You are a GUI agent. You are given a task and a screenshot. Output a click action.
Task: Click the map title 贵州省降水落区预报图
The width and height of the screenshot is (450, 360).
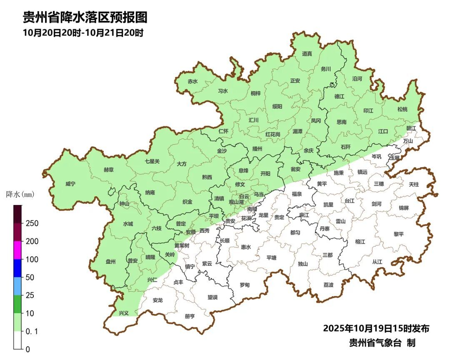pyautogui.click(x=85, y=17)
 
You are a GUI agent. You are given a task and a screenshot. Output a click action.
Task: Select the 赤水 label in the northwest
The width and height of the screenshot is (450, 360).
pyautogui.click(x=192, y=81)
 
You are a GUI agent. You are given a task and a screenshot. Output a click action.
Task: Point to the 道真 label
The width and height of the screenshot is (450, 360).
pyautogui.click(x=307, y=54)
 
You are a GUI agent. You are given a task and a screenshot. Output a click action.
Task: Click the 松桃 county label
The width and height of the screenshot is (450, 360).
pyautogui.click(x=402, y=110)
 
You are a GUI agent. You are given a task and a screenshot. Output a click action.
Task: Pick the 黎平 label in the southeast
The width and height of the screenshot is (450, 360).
pyautogui.click(x=399, y=234)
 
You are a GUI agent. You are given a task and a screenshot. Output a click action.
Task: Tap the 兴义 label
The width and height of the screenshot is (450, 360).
pyautogui.click(x=124, y=313)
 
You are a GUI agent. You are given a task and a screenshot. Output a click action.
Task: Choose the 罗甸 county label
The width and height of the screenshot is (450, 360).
pyautogui.click(x=245, y=285)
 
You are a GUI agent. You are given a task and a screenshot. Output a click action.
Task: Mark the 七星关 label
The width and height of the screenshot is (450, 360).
pyautogui.click(x=152, y=161)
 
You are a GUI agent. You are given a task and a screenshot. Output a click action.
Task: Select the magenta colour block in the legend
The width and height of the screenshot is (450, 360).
pyautogui.click(x=17, y=250)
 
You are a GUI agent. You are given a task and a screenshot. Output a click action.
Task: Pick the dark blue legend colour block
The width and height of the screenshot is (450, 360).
pyautogui.click(x=17, y=268)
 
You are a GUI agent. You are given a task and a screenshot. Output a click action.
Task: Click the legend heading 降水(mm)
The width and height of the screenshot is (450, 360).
pyautogui.click(x=20, y=194)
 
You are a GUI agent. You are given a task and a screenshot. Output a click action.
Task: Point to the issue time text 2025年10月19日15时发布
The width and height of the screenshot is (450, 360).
pyautogui.click(x=376, y=329)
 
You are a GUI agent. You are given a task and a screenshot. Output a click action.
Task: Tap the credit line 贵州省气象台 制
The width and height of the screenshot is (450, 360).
pyautogui.click(x=382, y=343)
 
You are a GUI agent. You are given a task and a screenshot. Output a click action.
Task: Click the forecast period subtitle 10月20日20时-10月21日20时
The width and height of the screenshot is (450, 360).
pyautogui.click(x=83, y=33)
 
